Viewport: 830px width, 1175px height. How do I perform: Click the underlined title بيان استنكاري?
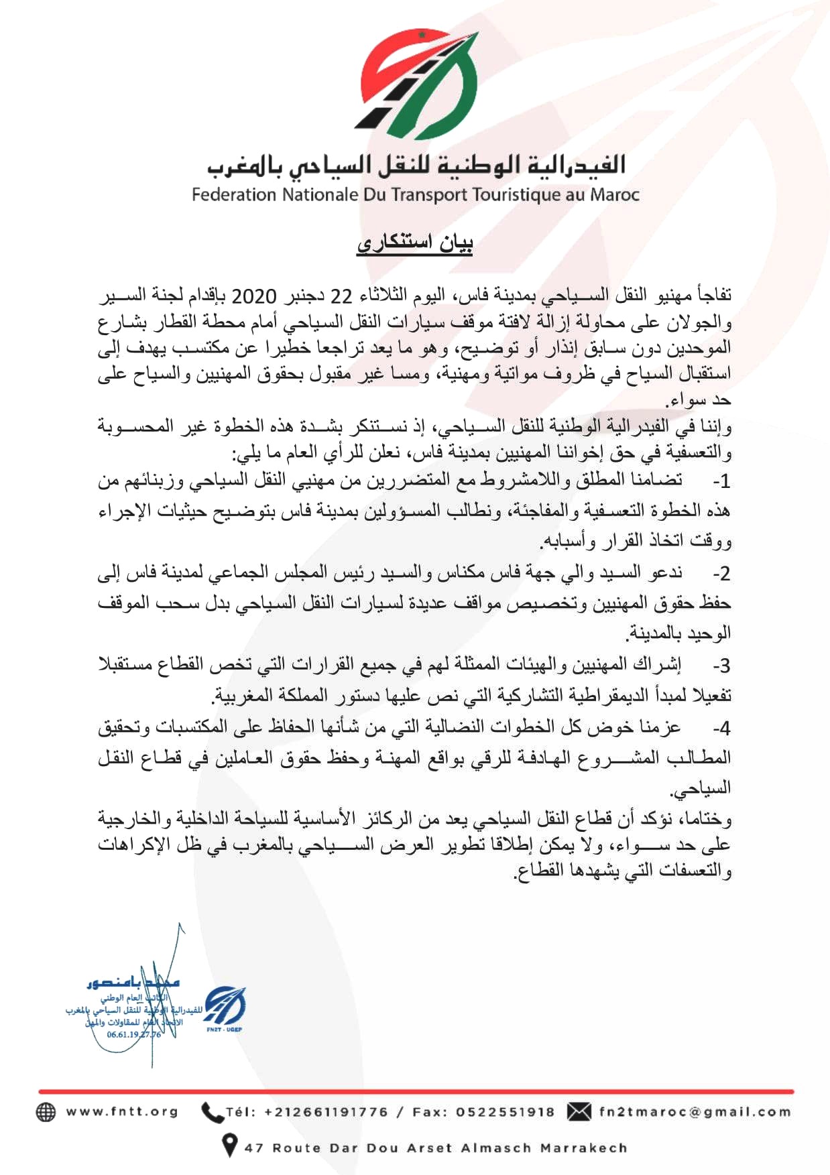414,242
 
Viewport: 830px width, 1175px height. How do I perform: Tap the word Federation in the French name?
234,195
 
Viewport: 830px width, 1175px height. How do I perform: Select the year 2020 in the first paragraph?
255,296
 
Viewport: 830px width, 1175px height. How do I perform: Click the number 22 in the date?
341,296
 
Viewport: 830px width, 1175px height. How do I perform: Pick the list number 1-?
721,481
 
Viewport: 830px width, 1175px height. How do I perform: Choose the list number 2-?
721,574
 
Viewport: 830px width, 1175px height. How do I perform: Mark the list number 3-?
721,666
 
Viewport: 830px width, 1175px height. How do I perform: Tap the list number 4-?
721,728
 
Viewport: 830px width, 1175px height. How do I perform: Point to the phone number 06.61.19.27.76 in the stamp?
133,1034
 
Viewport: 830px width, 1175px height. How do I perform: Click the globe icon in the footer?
46,1112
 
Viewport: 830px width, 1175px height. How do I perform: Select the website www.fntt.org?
122,1112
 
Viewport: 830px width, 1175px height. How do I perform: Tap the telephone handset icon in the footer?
212,1112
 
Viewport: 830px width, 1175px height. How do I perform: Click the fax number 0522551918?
506,1112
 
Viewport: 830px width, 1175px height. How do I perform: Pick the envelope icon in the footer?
579,1112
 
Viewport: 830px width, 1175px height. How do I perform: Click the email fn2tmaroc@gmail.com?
695,1112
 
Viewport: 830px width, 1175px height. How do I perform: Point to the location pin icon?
229,1145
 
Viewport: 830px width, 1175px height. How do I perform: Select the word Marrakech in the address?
583,1148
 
